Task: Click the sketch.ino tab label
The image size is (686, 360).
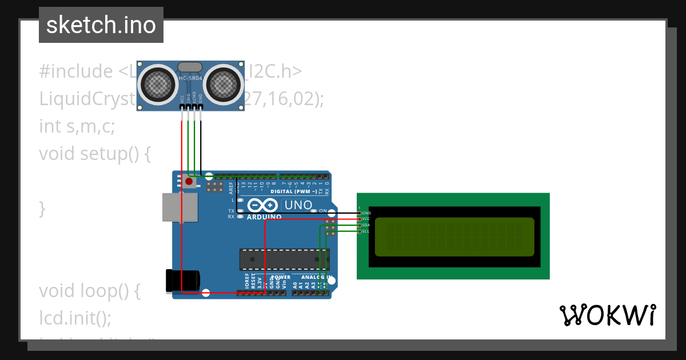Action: [x=101, y=25]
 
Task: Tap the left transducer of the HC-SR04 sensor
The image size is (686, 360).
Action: [x=158, y=83]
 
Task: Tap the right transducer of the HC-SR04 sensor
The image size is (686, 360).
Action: [x=223, y=83]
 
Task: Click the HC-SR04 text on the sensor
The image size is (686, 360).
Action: [x=190, y=78]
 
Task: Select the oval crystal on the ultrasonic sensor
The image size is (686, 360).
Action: [x=190, y=67]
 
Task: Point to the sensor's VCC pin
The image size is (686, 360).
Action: [x=182, y=106]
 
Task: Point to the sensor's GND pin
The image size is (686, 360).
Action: [x=201, y=106]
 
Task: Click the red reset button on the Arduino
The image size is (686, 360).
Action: [x=189, y=182]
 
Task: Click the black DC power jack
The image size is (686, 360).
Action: [x=182, y=280]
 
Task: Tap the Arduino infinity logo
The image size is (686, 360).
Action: [x=263, y=205]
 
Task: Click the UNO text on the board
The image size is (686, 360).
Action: [x=298, y=205]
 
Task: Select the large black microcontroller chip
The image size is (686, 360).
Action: [x=284, y=259]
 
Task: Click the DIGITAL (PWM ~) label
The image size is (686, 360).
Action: [x=294, y=191]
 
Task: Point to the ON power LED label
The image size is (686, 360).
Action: [x=322, y=211]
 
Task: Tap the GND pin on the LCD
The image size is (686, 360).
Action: [x=360, y=213]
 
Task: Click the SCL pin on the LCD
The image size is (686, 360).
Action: [x=360, y=231]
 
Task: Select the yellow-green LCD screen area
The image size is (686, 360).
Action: [x=454, y=237]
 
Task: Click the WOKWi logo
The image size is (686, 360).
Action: [x=607, y=315]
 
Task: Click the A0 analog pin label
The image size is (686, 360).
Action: [x=295, y=283]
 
